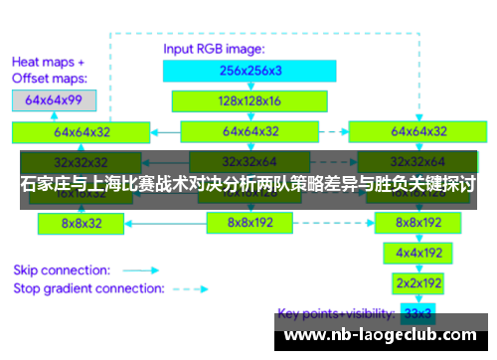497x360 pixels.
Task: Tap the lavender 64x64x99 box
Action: pos(54,100)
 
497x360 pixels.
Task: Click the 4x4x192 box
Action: pos(418,253)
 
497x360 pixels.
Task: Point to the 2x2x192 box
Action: pos(418,282)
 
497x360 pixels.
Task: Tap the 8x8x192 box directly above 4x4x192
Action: pos(418,223)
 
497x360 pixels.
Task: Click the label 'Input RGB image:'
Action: pos(214,48)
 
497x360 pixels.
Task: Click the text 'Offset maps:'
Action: pos(49,77)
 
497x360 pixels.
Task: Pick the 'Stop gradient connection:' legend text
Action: pos(88,288)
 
